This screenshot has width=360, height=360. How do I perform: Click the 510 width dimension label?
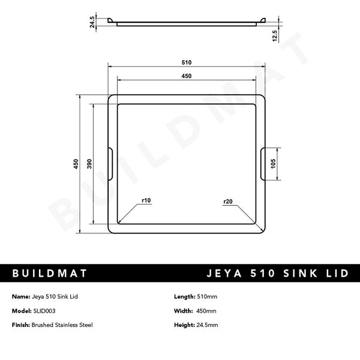tap(186, 62)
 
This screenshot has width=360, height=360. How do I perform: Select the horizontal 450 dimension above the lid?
tap(186, 76)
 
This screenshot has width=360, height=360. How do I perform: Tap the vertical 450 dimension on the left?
tap(76, 164)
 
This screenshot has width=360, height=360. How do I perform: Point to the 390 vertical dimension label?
tap(89, 164)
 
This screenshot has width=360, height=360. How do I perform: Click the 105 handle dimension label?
tap(274, 164)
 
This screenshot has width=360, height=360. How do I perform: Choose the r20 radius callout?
tap(227, 201)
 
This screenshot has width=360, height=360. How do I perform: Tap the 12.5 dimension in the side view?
tap(274, 35)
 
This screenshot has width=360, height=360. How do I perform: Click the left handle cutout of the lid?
tap(110, 163)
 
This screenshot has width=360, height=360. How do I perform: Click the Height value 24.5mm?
tap(208, 325)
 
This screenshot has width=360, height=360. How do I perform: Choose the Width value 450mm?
tap(206, 311)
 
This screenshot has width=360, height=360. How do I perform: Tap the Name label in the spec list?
tap(19, 297)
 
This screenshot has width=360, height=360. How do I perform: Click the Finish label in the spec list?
tap(20, 325)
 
